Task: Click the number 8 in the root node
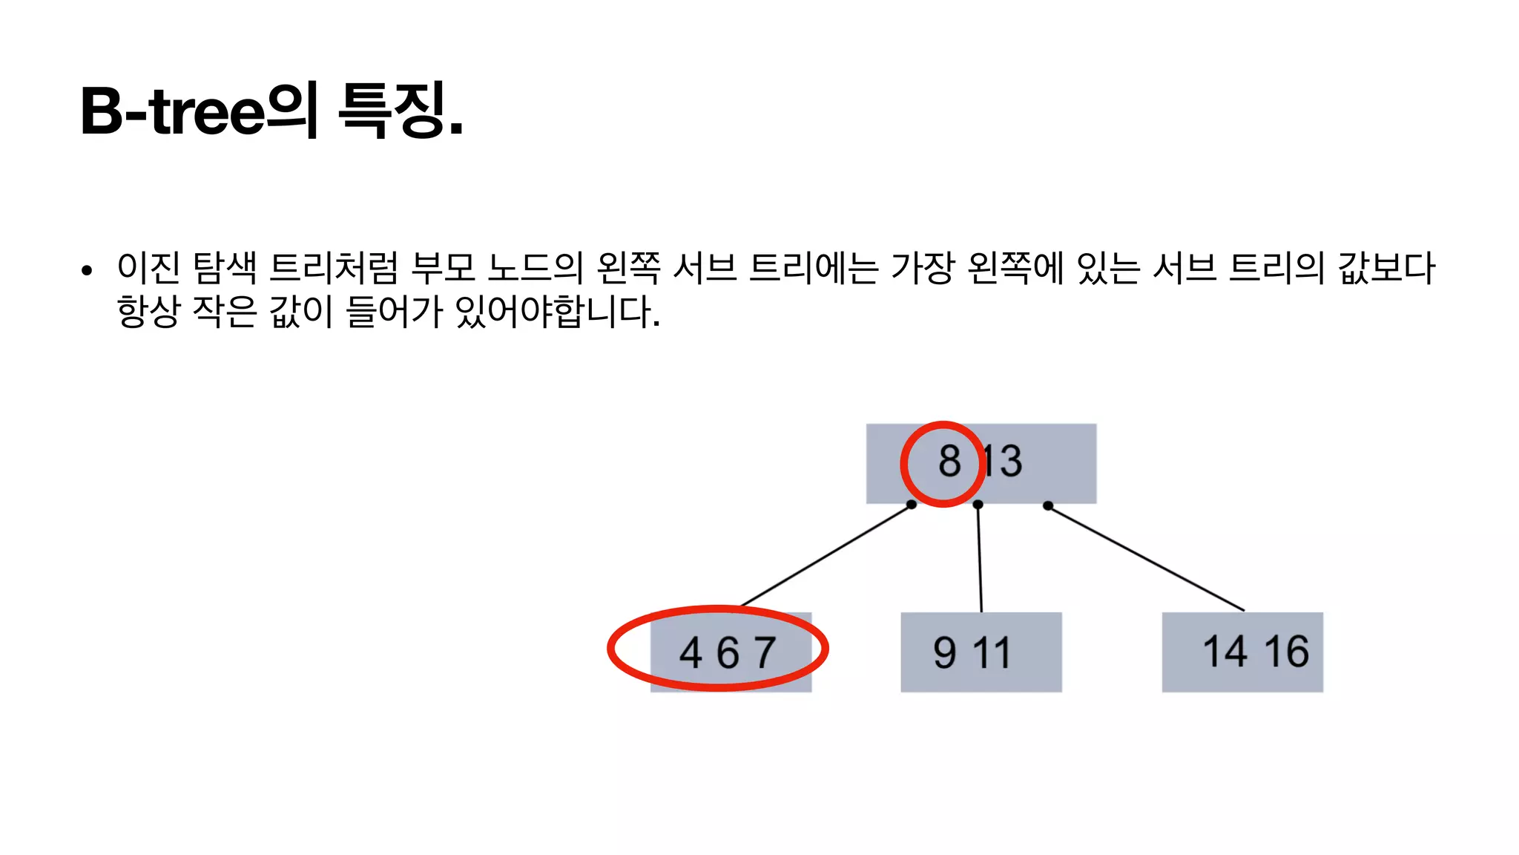click(949, 461)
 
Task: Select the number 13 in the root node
click(1003, 461)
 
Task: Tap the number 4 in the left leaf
click(691, 653)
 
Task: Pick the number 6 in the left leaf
click(728, 653)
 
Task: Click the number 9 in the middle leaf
click(945, 653)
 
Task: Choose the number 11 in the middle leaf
click(992, 653)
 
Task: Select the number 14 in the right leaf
click(1225, 652)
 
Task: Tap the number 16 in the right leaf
click(1286, 652)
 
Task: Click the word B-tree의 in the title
click(199, 111)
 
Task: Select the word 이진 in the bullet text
click(148, 268)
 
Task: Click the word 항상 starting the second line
click(148, 312)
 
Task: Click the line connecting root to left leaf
click(826, 555)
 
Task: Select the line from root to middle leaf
click(980, 558)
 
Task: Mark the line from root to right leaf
click(1146, 558)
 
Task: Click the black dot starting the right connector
click(1047, 506)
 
